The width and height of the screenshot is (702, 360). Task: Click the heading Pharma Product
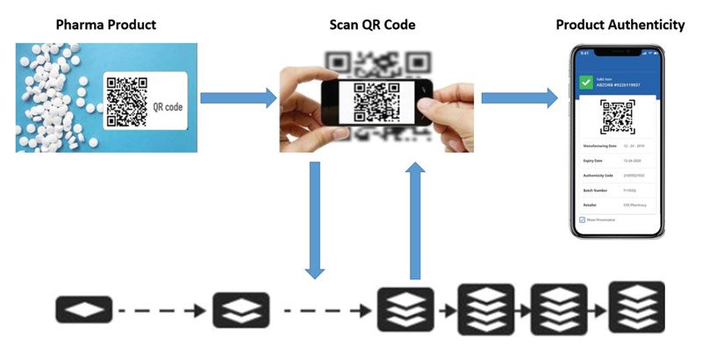click(105, 25)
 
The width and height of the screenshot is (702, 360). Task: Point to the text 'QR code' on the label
click(169, 107)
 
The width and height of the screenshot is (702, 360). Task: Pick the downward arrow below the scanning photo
click(314, 220)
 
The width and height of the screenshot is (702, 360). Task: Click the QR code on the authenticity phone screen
click(617, 118)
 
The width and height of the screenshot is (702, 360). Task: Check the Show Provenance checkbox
click(582, 220)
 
